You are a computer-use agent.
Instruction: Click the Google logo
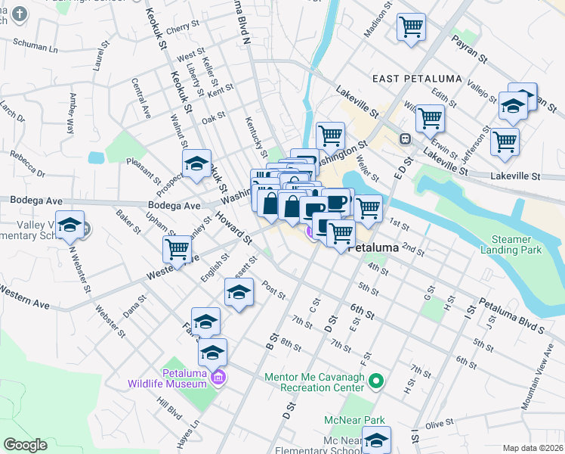(25, 445)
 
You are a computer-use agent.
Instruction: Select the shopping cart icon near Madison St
(412, 27)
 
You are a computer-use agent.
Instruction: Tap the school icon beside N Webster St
(70, 225)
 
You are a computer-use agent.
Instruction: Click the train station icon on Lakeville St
(406, 138)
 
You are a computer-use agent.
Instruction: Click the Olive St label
(438, 426)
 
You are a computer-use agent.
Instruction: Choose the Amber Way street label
(73, 113)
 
